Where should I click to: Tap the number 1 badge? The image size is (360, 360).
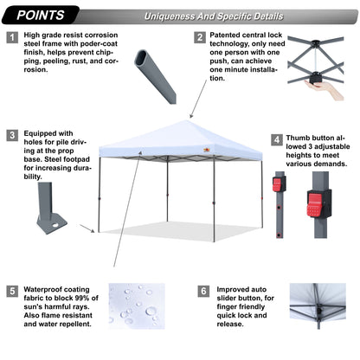(x=11, y=38)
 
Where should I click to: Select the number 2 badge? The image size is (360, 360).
(x=200, y=38)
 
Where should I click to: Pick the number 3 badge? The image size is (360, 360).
(x=11, y=135)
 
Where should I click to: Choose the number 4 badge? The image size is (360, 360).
(x=276, y=138)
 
